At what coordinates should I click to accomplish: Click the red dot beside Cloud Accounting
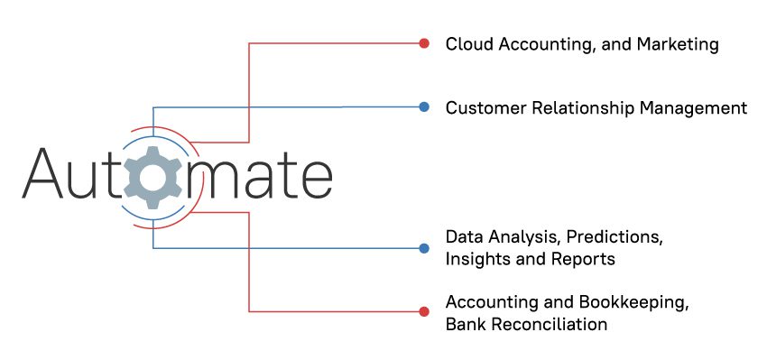(424, 42)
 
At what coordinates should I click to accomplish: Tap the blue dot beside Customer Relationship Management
(424, 107)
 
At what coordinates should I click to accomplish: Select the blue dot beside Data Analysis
(424, 247)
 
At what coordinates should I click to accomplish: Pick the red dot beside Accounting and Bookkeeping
(424, 312)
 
